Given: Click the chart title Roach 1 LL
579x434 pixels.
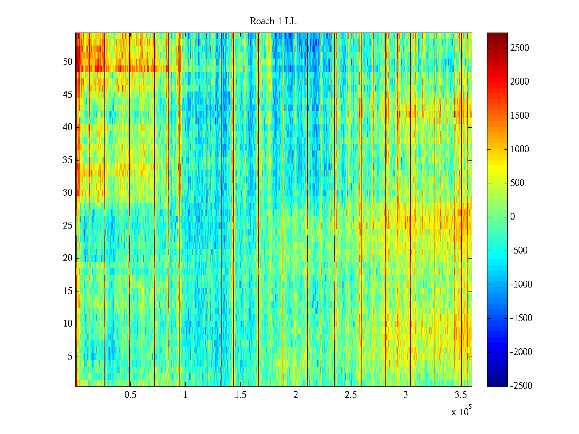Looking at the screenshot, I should [273, 21].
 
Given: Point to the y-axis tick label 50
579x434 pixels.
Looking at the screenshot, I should [68, 62].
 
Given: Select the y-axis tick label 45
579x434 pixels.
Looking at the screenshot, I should [68, 95].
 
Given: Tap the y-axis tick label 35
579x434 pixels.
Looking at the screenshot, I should [68, 160].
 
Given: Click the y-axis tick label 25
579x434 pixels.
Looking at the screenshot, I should [68, 226].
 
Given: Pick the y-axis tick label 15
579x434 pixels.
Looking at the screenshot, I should [68, 291].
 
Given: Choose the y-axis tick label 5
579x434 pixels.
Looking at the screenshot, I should [70, 357].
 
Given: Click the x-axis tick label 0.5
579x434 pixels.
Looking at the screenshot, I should [131, 395].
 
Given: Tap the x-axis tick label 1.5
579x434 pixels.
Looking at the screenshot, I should [241, 395].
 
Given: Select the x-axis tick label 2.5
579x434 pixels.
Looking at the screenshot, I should [351, 395].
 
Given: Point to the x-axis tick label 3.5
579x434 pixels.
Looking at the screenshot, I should [461, 395].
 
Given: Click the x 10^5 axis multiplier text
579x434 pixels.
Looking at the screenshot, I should [461, 411].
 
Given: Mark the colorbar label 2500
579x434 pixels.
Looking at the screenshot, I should [519, 48].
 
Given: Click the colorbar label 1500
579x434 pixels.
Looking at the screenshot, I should [519, 115].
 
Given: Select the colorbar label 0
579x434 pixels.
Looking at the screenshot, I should [512, 217].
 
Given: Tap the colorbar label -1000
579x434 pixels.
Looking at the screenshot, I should [521, 284].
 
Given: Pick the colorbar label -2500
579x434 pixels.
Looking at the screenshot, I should [521, 386].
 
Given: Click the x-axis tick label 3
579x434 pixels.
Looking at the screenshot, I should [406, 395].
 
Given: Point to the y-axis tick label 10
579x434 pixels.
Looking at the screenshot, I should [68, 324].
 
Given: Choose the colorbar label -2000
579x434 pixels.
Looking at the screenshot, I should [521, 352].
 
